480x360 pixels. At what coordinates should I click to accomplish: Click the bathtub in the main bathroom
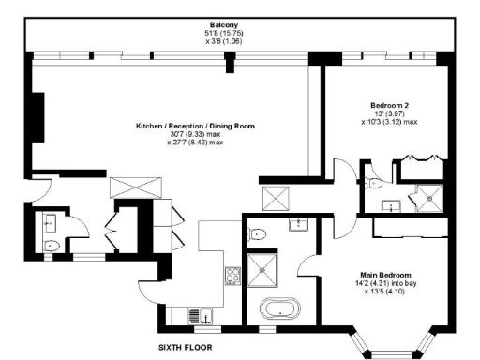(276, 309)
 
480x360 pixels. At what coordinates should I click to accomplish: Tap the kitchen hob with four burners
(232, 275)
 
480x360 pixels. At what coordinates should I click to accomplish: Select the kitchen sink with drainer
(199, 316)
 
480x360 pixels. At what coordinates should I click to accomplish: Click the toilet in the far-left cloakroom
(52, 246)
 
